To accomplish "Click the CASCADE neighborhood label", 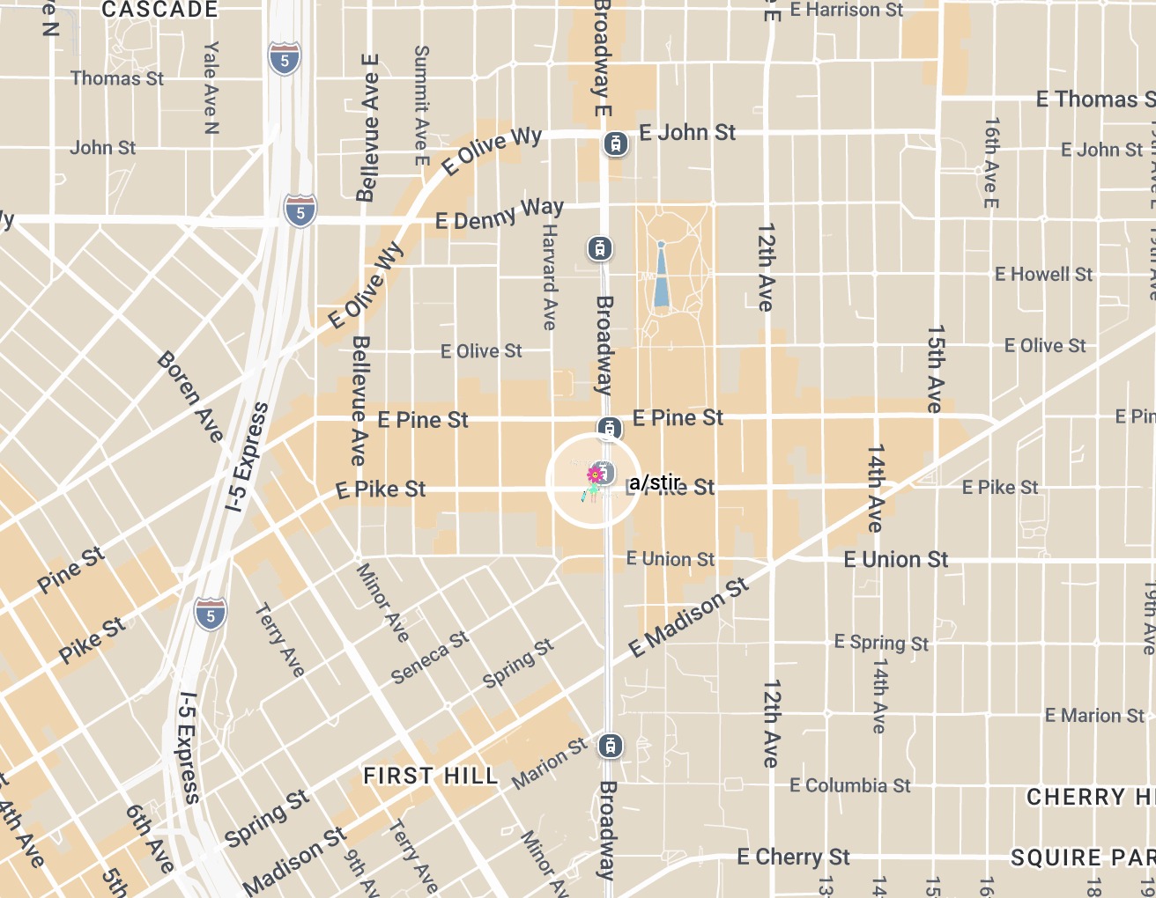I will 159,11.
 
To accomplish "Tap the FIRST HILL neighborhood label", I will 431,776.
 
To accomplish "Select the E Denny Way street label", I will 500,214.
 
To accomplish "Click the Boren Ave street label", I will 191,397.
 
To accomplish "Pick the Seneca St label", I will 430,658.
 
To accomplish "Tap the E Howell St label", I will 1043,275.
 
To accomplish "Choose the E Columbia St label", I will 850,785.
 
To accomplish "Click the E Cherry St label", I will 793,857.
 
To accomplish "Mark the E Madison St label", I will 689,618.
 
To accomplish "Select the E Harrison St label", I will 847,11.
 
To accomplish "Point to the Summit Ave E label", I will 421,106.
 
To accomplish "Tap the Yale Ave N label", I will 211,87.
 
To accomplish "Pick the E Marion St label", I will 1094,716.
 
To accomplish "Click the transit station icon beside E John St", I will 616,143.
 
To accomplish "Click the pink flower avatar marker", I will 594,476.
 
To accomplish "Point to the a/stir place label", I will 656,482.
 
